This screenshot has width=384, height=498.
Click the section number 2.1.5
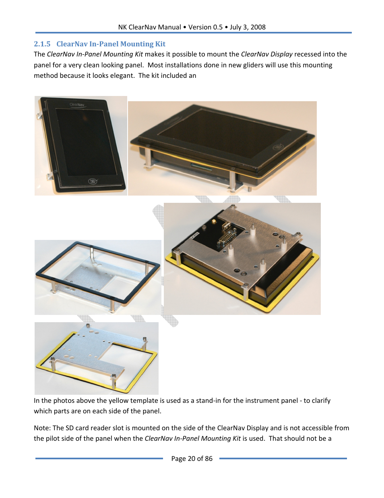click(42, 44)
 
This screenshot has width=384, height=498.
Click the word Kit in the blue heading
click(160, 44)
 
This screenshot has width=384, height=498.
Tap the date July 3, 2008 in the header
click(248, 27)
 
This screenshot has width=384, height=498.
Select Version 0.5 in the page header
click(205, 27)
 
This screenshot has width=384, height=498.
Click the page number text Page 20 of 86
click(192, 458)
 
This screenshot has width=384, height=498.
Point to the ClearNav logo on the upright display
click(77, 105)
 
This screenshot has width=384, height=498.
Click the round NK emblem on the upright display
click(93, 181)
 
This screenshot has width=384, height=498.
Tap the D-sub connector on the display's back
click(227, 237)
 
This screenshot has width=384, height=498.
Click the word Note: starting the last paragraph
click(42, 428)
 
